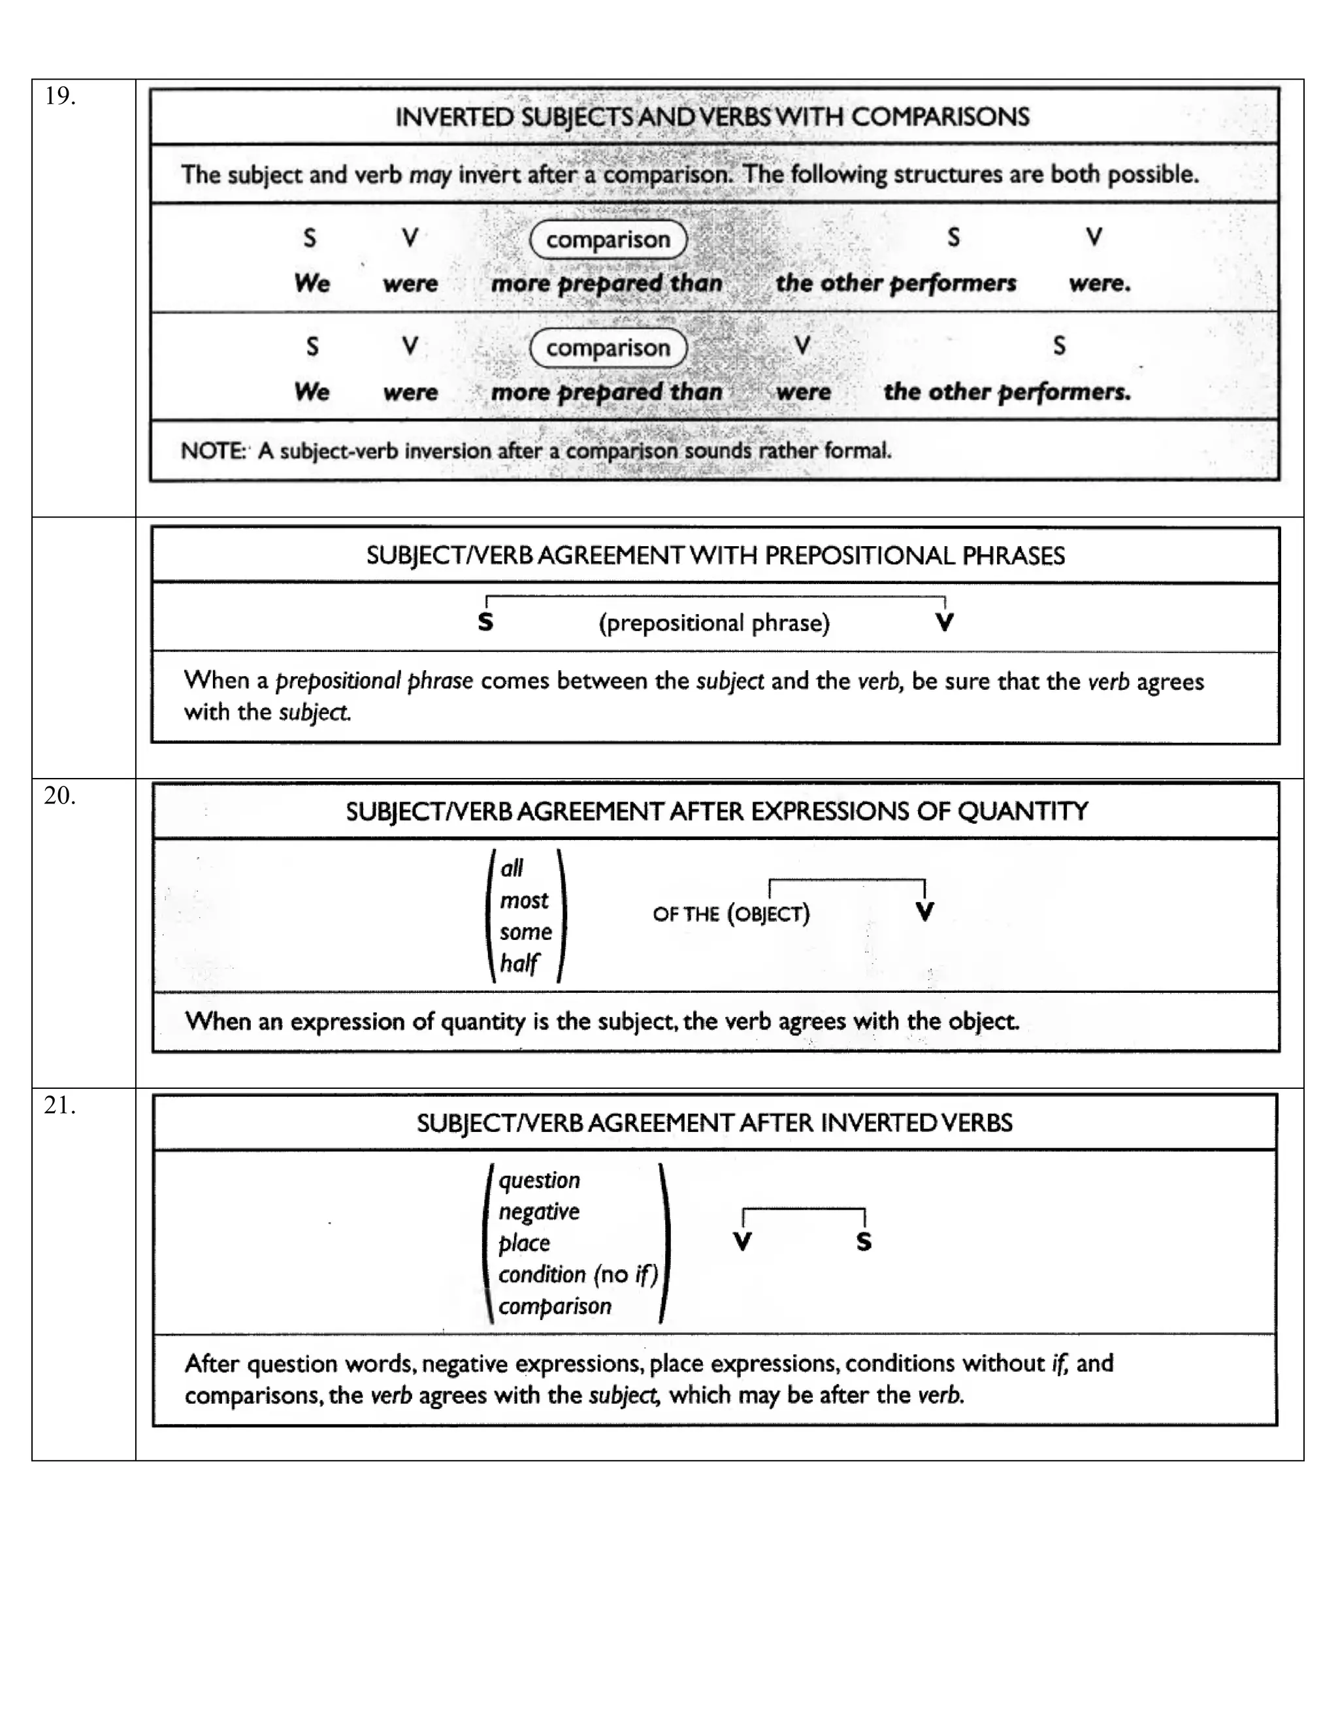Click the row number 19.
click(x=59, y=97)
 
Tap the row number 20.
click(x=59, y=796)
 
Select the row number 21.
click(x=59, y=1106)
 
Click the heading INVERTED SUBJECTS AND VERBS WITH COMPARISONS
click(x=712, y=118)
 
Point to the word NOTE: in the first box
click(x=212, y=451)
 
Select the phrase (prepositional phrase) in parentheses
click(x=714, y=623)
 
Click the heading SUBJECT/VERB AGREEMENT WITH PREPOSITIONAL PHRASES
click(x=715, y=556)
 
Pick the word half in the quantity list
click(x=519, y=963)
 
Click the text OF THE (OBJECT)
click(x=731, y=914)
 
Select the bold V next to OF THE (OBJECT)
click(x=924, y=913)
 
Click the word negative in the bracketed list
click(x=539, y=1212)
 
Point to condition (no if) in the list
click(x=578, y=1274)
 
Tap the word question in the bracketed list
click(x=539, y=1180)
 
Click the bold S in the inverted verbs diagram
click(x=864, y=1242)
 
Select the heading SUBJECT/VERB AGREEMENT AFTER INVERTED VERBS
click(x=714, y=1123)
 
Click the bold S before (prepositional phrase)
click(x=486, y=623)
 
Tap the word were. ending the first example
click(x=1099, y=283)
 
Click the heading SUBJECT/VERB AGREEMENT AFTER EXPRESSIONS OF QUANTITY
click(x=717, y=811)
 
